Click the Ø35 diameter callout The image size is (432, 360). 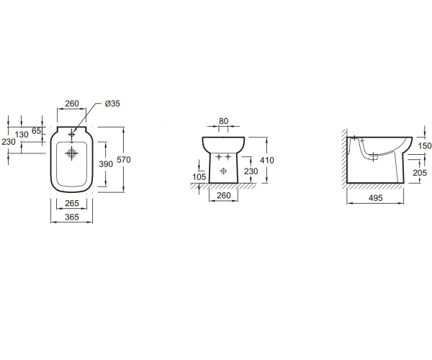click(x=112, y=104)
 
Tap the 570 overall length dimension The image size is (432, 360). click(x=124, y=160)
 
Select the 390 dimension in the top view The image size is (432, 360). click(x=106, y=164)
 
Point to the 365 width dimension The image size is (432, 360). click(x=72, y=217)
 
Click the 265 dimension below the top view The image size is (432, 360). click(x=72, y=203)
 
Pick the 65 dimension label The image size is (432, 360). click(x=36, y=131)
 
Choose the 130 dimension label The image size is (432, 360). click(x=22, y=135)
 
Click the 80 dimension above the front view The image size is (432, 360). click(x=223, y=121)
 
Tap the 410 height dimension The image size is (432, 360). click(x=267, y=161)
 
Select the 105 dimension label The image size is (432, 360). click(x=199, y=177)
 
